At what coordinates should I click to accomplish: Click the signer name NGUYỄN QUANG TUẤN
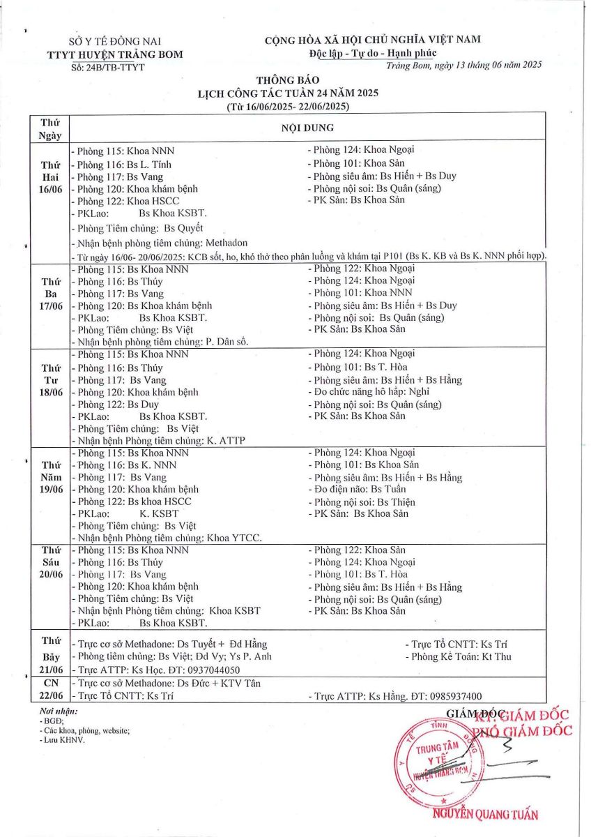(485, 815)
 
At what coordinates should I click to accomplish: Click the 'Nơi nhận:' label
(59, 711)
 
